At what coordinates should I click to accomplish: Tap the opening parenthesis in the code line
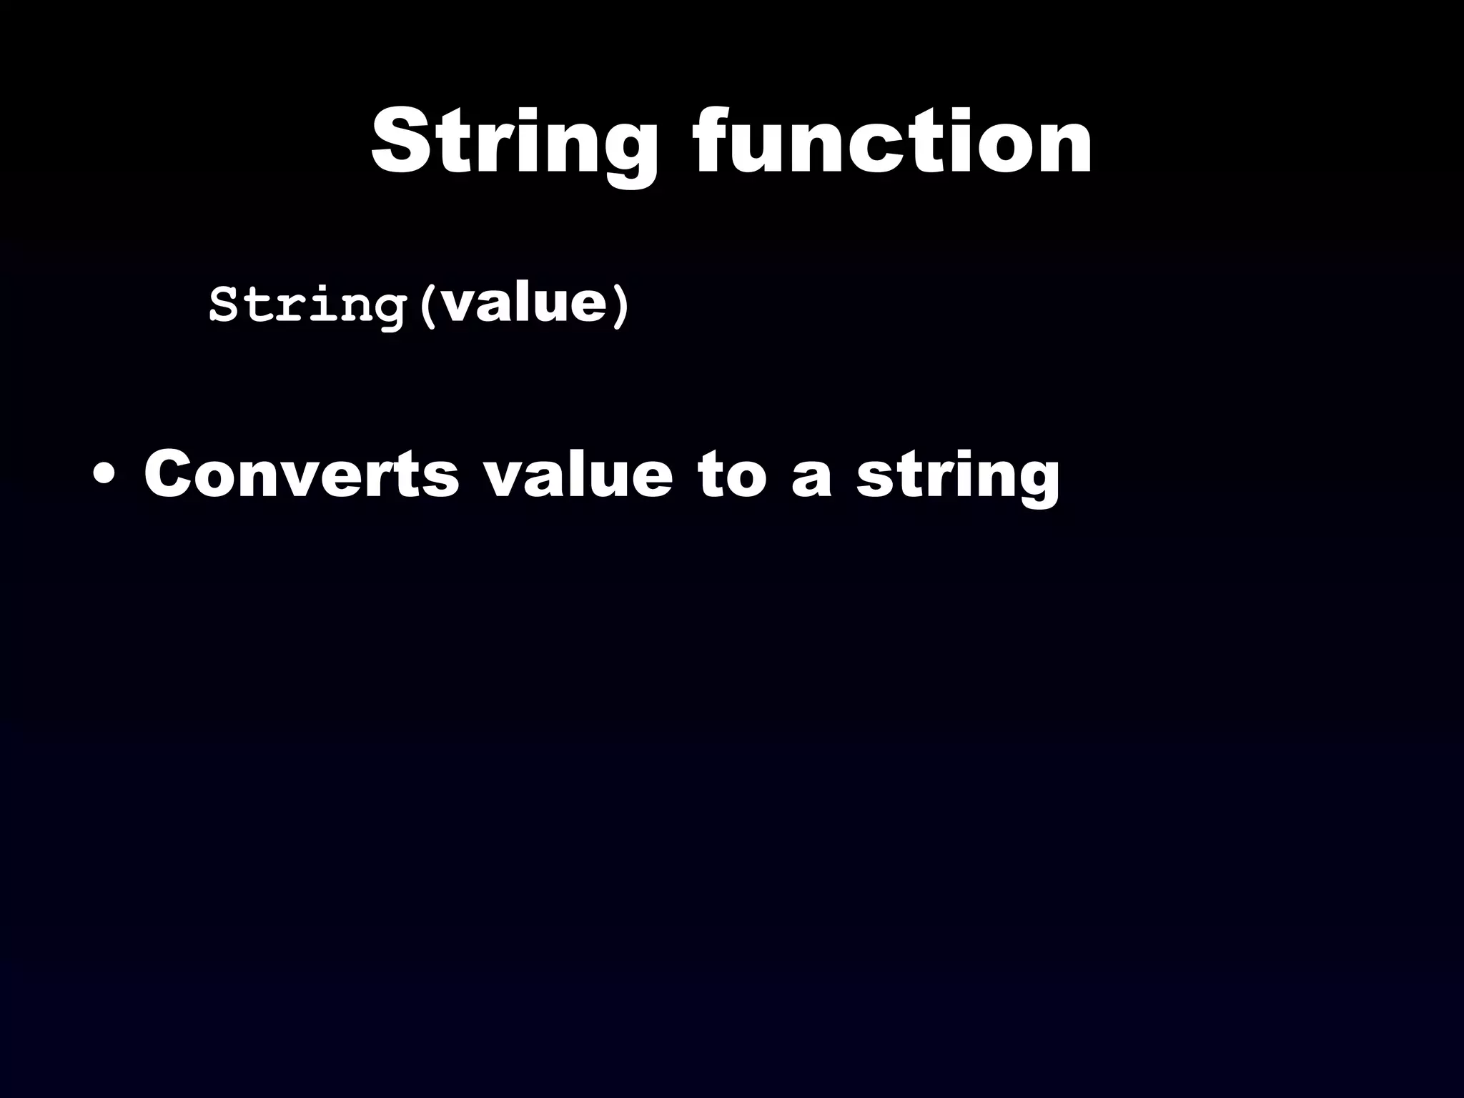coord(427,306)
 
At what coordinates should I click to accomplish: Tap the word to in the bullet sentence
coord(731,475)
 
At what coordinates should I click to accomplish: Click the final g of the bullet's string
coord(1037,483)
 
